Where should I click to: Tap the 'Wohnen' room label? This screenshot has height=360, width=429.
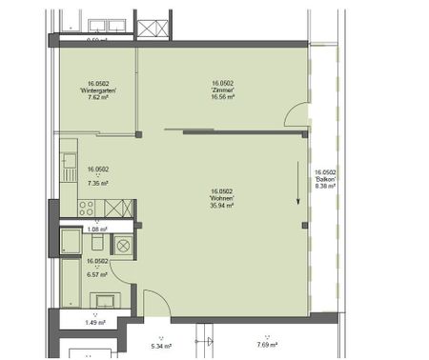tap(224, 198)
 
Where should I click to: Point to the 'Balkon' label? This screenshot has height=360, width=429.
tap(325, 179)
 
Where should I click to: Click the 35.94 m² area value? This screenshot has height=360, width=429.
tap(224, 205)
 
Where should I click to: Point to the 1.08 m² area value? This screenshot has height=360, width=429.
tap(96, 230)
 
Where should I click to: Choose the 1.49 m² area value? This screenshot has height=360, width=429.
tap(96, 322)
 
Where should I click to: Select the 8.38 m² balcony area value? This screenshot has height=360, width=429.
tap(325, 187)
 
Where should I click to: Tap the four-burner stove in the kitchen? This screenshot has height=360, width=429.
tap(86, 207)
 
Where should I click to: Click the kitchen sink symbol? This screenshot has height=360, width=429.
tap(70, 167)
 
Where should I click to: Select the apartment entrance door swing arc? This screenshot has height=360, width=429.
tap(157, 300)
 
